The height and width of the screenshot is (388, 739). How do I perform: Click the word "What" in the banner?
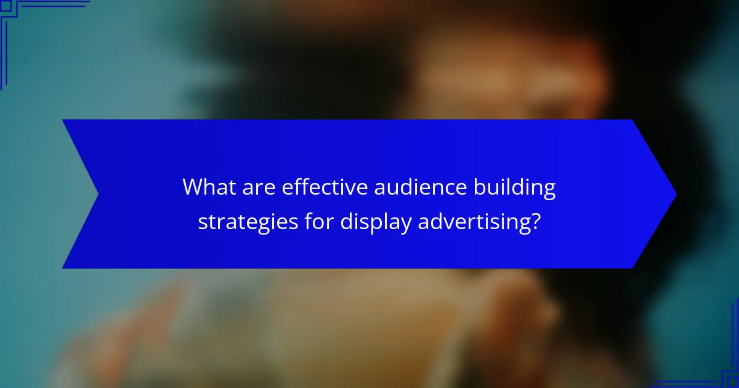[x=206, y=187]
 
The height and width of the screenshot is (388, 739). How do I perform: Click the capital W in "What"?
[x=193, y=187]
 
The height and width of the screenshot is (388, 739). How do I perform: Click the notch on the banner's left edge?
[x=97, y=194]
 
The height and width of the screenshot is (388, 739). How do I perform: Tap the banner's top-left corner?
[x=63, y=121]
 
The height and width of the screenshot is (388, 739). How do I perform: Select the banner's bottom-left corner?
[x=63, y=267]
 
